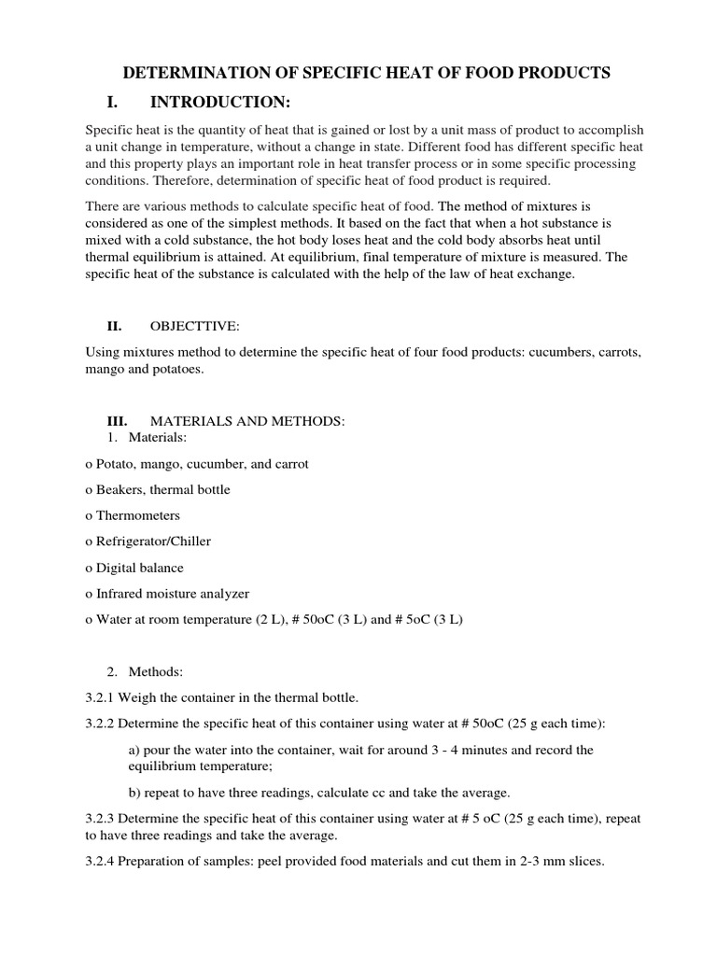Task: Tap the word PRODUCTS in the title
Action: tap(565, 73)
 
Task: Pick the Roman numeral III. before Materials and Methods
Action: tap(119, 421)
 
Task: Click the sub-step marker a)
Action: tap(134, 750)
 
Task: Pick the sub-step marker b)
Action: tap(134, 793)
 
